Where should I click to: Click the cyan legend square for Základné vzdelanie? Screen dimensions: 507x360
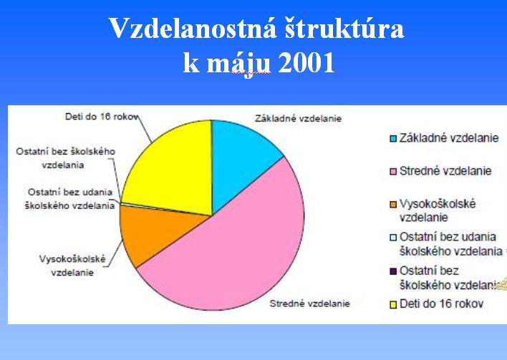[393, 139]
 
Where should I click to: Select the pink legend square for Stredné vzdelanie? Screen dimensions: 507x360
[393, 172]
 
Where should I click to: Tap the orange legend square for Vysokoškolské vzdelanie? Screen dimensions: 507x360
[393, 205]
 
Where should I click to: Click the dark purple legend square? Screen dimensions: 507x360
[393, 271]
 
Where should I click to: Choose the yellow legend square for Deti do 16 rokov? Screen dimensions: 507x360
[393, 304]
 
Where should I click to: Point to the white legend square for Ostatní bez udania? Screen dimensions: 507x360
[393, 238]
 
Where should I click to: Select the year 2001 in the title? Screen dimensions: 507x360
[306, 62]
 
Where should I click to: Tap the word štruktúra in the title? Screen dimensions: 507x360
[344, 28]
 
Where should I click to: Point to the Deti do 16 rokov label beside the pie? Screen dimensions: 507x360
[102, 117]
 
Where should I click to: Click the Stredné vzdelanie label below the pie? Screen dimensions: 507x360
[310, 303]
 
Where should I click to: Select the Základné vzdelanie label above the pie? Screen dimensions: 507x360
[298, 118]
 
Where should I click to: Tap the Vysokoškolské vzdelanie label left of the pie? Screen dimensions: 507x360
[72, 266]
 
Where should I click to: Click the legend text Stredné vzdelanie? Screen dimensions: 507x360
[445, 170]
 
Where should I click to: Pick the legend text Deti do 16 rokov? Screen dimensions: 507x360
[441, 303]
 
